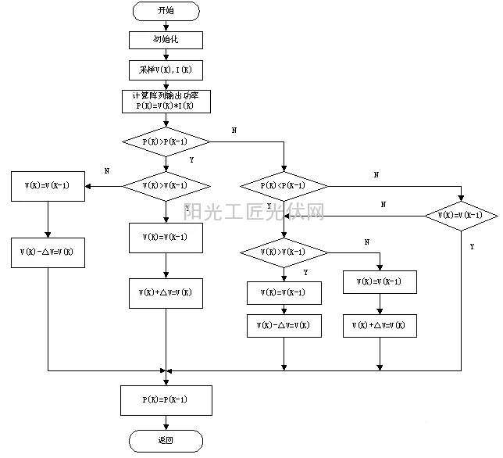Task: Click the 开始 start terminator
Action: pyautogui.click(x=166, y=11)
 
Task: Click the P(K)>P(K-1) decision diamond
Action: pyautogui.click(x=166, y=141)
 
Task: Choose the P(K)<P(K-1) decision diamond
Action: pyautogui.click(x=284, y=186)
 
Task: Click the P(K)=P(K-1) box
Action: pyautogui.click(x=166, y=399)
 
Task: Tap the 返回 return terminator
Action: pyautogui.click(x=166, y=440)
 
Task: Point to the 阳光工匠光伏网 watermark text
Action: pyautogui.click(x=254, y=211)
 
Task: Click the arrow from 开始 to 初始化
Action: pyautogui.click(x=166, y=26)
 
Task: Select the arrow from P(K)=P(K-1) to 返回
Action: pyautogui.click(x=166, y=422)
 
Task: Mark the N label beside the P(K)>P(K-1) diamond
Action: pyautogui.click(x=235, y=129)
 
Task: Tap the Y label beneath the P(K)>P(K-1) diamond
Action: pyautogui.click(x=191, y=159)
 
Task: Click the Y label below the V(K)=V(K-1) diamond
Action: pyautogui.click(x=472, y=246)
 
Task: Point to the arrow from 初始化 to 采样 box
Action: pyautogui.click(x=166, y=55)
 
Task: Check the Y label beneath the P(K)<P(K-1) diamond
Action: pyautogui.click(x=269, y=206)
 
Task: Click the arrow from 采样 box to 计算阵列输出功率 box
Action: pyautogui.click(x=166, y=84)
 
